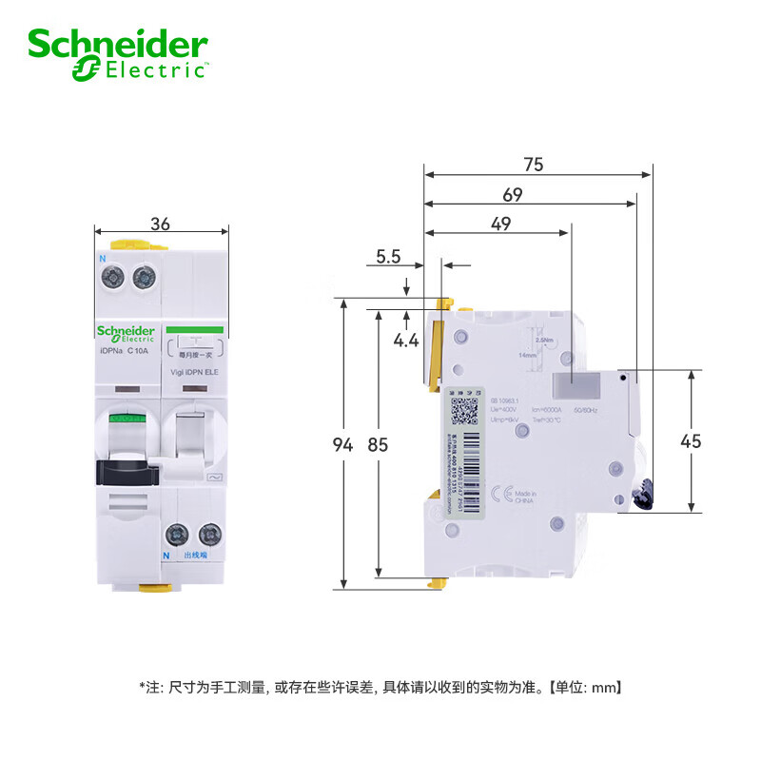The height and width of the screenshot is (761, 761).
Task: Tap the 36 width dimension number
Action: [x=161, y=224]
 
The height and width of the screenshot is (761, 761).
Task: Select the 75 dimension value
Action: [x=533, y=164]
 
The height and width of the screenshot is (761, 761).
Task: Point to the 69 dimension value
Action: [x=513, y=194]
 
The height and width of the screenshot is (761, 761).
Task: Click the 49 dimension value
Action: [x=500, y=224]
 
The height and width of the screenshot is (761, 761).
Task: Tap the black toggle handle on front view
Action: [x=125, y=467]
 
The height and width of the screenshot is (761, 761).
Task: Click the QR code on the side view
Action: [x=464, y=410]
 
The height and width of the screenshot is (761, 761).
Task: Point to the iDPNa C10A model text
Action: [x=126, y=351]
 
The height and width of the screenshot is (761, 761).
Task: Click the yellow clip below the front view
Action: [x=151, y=588]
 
